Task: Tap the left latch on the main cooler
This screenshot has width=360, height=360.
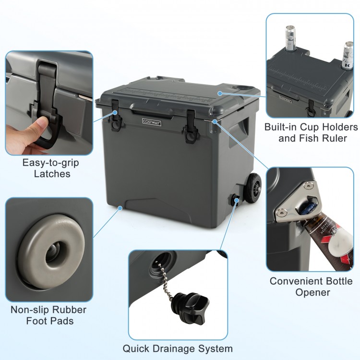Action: coord(115,117)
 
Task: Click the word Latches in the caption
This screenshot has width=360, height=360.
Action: coord(52,174)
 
